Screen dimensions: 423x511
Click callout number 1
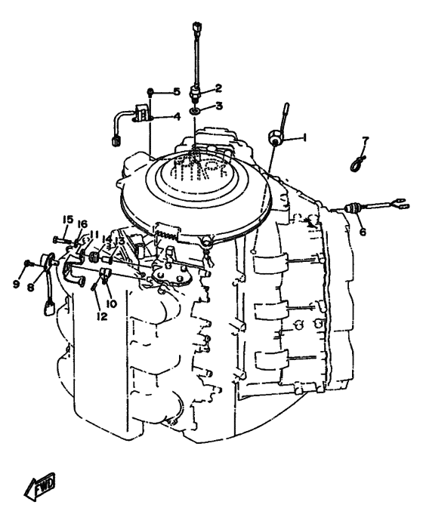[304, 138]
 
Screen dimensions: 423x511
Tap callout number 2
[218, 88]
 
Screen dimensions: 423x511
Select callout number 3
[219, 106]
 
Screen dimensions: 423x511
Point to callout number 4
[177, 117]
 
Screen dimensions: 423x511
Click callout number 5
[177, 91]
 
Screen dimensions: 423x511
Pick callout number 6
[363, 232]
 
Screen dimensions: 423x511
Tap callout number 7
[366, 141]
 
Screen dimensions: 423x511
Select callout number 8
[30, 288]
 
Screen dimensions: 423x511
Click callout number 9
[16, 284]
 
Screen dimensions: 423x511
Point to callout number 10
[111, 303]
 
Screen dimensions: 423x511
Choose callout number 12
[102, 316]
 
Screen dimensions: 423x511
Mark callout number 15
[68, 220]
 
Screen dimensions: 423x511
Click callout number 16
[82, 224]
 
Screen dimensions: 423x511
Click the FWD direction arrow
[40, 484]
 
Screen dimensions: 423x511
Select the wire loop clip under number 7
[357, 163]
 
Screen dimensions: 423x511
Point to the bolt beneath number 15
[62, 241]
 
